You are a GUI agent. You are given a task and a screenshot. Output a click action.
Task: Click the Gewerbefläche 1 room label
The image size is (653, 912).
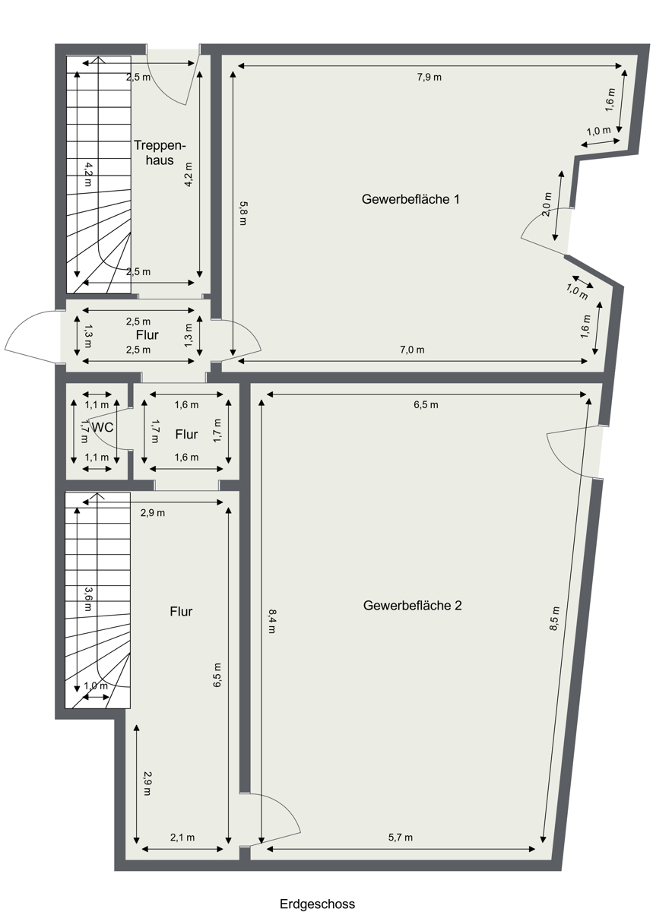pos(411,200)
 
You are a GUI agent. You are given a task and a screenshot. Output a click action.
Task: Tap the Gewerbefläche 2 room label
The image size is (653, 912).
pos(413,606)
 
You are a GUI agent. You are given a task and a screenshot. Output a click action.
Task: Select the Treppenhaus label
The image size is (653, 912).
pos(160,153)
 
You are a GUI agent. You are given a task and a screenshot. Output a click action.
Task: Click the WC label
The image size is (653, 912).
pos(103,428)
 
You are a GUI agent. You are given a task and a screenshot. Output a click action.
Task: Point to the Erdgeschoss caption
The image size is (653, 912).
pos(317,904)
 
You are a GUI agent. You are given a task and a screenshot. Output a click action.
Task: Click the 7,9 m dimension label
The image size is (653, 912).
pos(429,77)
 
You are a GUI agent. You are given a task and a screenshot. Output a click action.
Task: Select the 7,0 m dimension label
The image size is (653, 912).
pos(411,350)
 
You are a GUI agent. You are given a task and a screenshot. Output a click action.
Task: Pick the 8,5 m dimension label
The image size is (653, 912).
pos(556,619)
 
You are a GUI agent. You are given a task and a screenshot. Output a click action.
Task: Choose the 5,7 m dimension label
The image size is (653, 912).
pos(400,838)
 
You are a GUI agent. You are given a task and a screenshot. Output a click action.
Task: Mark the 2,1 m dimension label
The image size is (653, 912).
pos(182,838)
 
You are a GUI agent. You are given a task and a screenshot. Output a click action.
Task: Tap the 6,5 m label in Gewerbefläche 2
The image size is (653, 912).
pos(426,405)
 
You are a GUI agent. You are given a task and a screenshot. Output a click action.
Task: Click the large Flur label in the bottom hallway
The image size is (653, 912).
pos(181,611)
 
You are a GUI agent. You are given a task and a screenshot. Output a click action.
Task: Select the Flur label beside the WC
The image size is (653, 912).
pos(186,435)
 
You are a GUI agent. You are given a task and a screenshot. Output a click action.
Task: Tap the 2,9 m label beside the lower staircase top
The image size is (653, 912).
pos(153,513)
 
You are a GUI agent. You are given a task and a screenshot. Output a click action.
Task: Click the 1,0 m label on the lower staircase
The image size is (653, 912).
pos(96,685)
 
